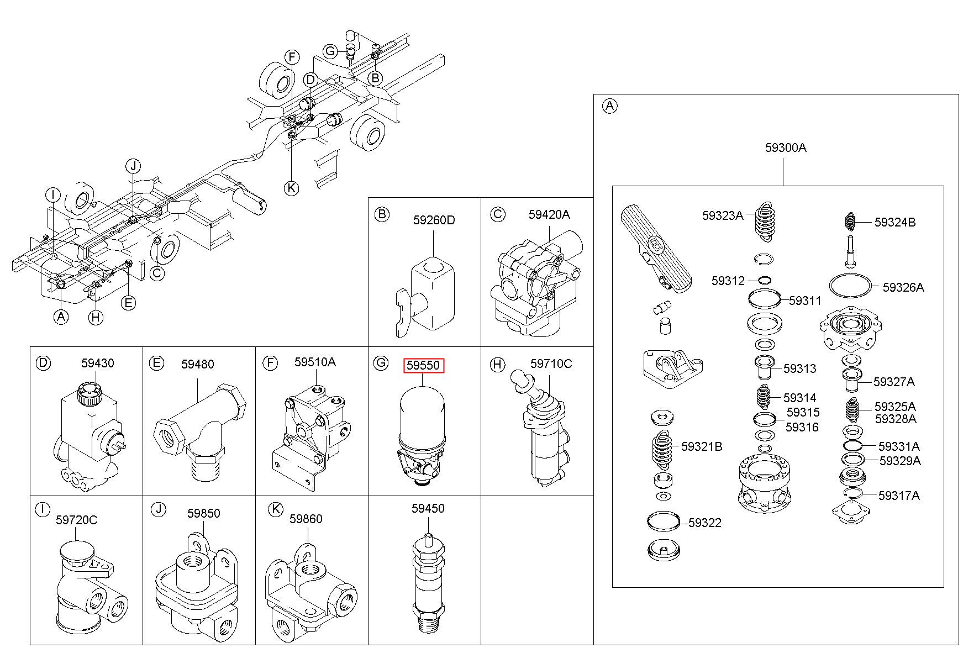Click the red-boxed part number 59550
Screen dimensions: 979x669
click(x=423, y=365)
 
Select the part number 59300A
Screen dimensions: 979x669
click(x=786, y=148)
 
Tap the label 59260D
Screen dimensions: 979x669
click(x=434, y=220)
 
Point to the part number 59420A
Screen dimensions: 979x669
click(x=549, y=214)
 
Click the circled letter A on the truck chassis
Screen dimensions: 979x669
click(x=61, y=317)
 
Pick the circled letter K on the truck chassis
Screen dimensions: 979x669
click(x=291, y=188)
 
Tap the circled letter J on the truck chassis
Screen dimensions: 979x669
click(x=133, y=165)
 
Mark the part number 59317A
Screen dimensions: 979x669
click(x=899, y=496)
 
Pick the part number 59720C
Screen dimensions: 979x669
click(x=76, y=520)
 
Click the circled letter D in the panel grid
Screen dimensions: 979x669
click(x=43, y=363)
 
